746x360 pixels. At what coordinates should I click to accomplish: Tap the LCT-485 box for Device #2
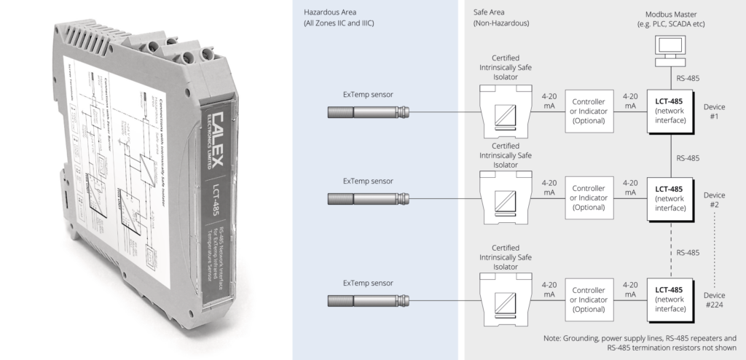coord(669,197)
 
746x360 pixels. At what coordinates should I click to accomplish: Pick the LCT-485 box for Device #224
coord(669,299)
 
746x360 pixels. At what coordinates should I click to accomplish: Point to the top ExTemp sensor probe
coord(367,111)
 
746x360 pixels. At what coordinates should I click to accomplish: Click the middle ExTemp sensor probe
coord(367,197)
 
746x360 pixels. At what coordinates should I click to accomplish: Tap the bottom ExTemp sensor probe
coord(367,299)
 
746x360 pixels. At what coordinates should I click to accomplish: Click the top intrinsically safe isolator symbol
coord(503,111)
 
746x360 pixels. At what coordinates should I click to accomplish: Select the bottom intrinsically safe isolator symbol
coord(503,299)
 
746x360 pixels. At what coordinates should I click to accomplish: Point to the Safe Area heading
coord(496,18)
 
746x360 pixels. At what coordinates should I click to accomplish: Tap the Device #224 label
coord(714,299)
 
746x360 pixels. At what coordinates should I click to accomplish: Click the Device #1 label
coord(714,111)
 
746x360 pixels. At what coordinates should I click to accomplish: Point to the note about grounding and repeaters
coord(640,343)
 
